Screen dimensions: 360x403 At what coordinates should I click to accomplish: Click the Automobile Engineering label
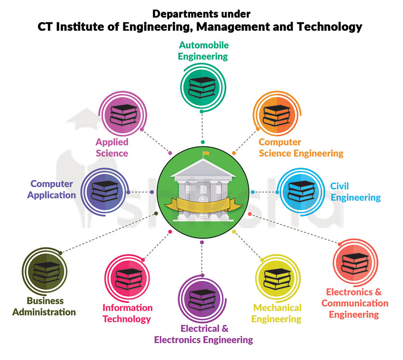(203, 51)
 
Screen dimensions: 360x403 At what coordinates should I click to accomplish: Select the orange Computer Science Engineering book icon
(275, 116)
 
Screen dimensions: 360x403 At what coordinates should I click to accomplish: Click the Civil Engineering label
(355, 192)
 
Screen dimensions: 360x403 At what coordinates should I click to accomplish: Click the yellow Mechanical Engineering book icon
(278, 279)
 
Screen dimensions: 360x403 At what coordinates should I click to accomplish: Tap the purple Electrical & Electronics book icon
(202, 300)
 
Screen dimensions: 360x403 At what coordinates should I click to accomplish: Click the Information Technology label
(127, 313)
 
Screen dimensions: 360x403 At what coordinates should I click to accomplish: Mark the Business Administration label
(44, 306)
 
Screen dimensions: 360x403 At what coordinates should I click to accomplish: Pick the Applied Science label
(111, 148)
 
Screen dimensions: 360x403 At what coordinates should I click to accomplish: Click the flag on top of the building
(207, 154)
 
